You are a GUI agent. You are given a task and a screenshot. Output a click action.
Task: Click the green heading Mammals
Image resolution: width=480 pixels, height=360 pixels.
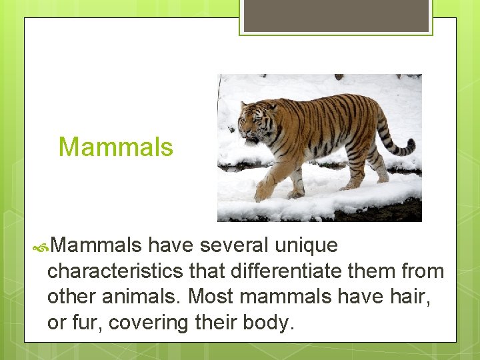[x=115, y=147]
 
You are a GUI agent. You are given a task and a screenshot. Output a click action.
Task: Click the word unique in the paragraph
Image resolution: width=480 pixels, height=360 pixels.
[x=307, y=246]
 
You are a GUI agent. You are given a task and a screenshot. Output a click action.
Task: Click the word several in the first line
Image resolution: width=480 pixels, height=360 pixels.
[x=231, y=246]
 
